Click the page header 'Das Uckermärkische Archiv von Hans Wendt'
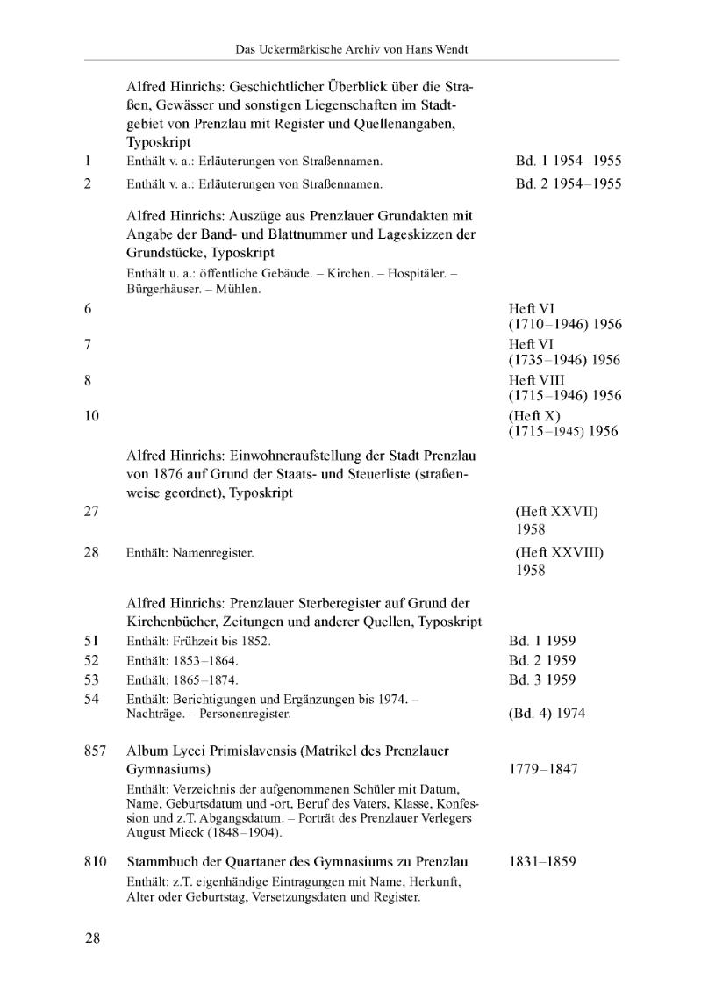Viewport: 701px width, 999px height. point(352,50)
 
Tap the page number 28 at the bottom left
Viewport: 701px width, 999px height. point(93,938)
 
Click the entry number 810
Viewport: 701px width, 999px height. point(96,861)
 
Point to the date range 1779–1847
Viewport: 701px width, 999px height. point(542,769)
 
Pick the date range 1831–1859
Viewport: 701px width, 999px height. point(542,861)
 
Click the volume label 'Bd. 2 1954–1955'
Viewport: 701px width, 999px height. point(568,183)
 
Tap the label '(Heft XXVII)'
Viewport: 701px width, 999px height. point(557,511)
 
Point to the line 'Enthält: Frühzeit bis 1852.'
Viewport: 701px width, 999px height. point(199,642)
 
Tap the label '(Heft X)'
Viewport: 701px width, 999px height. point(534,415)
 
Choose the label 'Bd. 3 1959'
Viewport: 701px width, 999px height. point(542,679)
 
